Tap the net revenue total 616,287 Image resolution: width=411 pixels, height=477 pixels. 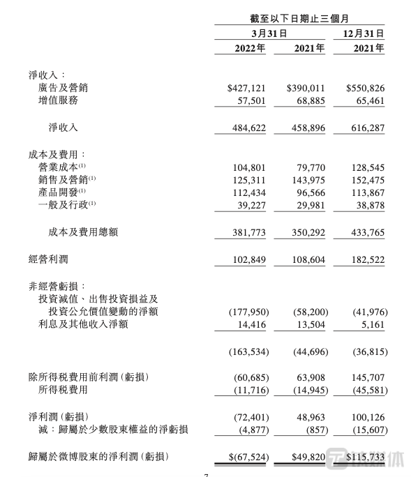(366, 128)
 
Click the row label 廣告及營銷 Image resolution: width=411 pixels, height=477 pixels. (69, 89)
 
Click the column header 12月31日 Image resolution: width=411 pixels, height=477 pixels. (364, 33)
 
